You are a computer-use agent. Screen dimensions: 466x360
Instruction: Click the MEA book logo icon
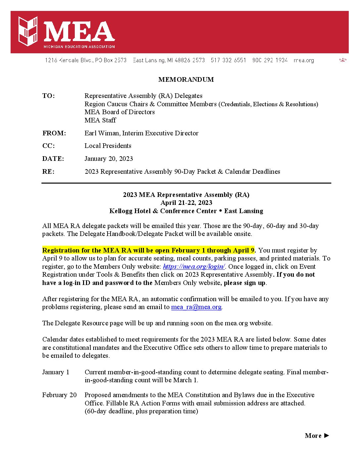(x=28, y=31)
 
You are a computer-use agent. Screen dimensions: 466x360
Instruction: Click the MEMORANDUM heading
(x=186, y=79)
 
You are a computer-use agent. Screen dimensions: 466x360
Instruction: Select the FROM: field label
(x=54, y=133)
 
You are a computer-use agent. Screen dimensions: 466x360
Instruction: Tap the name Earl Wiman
(x=102, y=133)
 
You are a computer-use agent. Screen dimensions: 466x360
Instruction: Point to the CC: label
(x=48, y=146)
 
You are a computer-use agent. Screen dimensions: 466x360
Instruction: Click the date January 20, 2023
(x=109, y=159)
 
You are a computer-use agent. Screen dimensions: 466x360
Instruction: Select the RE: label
(x=48, y=172)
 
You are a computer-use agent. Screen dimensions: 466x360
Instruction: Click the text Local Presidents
(x=108, y=146)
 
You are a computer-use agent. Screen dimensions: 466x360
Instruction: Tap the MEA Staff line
(x=100, y=120)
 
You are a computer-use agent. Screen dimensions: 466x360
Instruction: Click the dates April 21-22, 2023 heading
(x=186, y=203)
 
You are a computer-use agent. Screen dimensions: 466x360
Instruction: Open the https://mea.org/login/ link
(x=194, y=267)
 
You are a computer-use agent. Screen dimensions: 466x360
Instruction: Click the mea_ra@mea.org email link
(x=196, y=307)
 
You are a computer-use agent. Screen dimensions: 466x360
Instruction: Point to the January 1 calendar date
(x=56, y=372)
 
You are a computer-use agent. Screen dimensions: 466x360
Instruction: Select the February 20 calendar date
(x=59, y=395)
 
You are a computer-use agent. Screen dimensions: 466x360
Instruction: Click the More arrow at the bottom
(x=317, y=436)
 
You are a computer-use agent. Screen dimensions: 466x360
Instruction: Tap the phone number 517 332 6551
(x=228, y=60)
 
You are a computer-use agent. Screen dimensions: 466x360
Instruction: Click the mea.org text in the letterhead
(x=304, y=60)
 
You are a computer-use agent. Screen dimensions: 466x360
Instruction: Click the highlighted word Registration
(x=62, y=251)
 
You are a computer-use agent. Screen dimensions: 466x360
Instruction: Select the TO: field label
(x=48, y=96)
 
